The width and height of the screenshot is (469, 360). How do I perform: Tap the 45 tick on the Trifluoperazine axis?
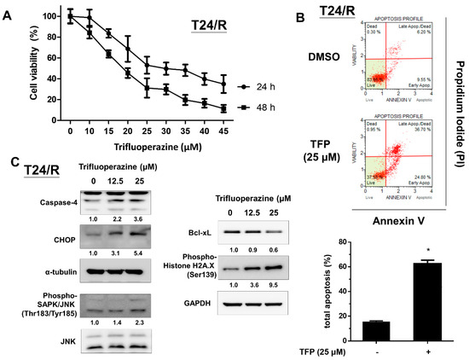[223, 134]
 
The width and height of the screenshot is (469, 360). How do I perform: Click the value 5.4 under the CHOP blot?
[140, 254]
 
